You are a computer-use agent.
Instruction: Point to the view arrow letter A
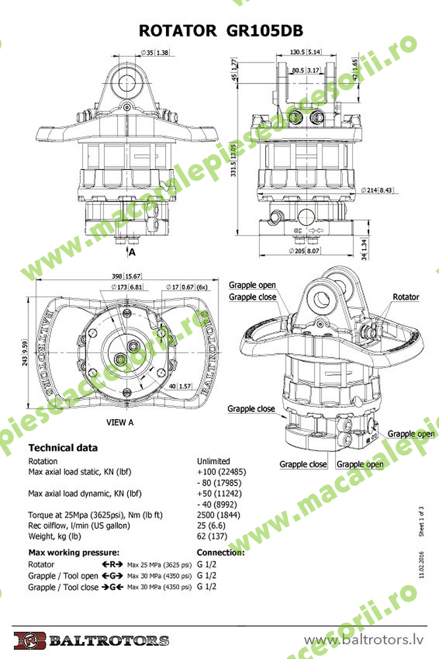coord(132,252)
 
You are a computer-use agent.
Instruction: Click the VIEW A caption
coord(120,422)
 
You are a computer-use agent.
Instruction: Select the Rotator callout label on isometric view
coord(405,297)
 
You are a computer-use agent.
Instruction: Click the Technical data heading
coord(63,447)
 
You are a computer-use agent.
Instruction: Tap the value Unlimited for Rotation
coord(213,461)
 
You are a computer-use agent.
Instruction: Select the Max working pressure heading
coord(74,552)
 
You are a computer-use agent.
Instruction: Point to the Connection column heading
coord(220,552)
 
